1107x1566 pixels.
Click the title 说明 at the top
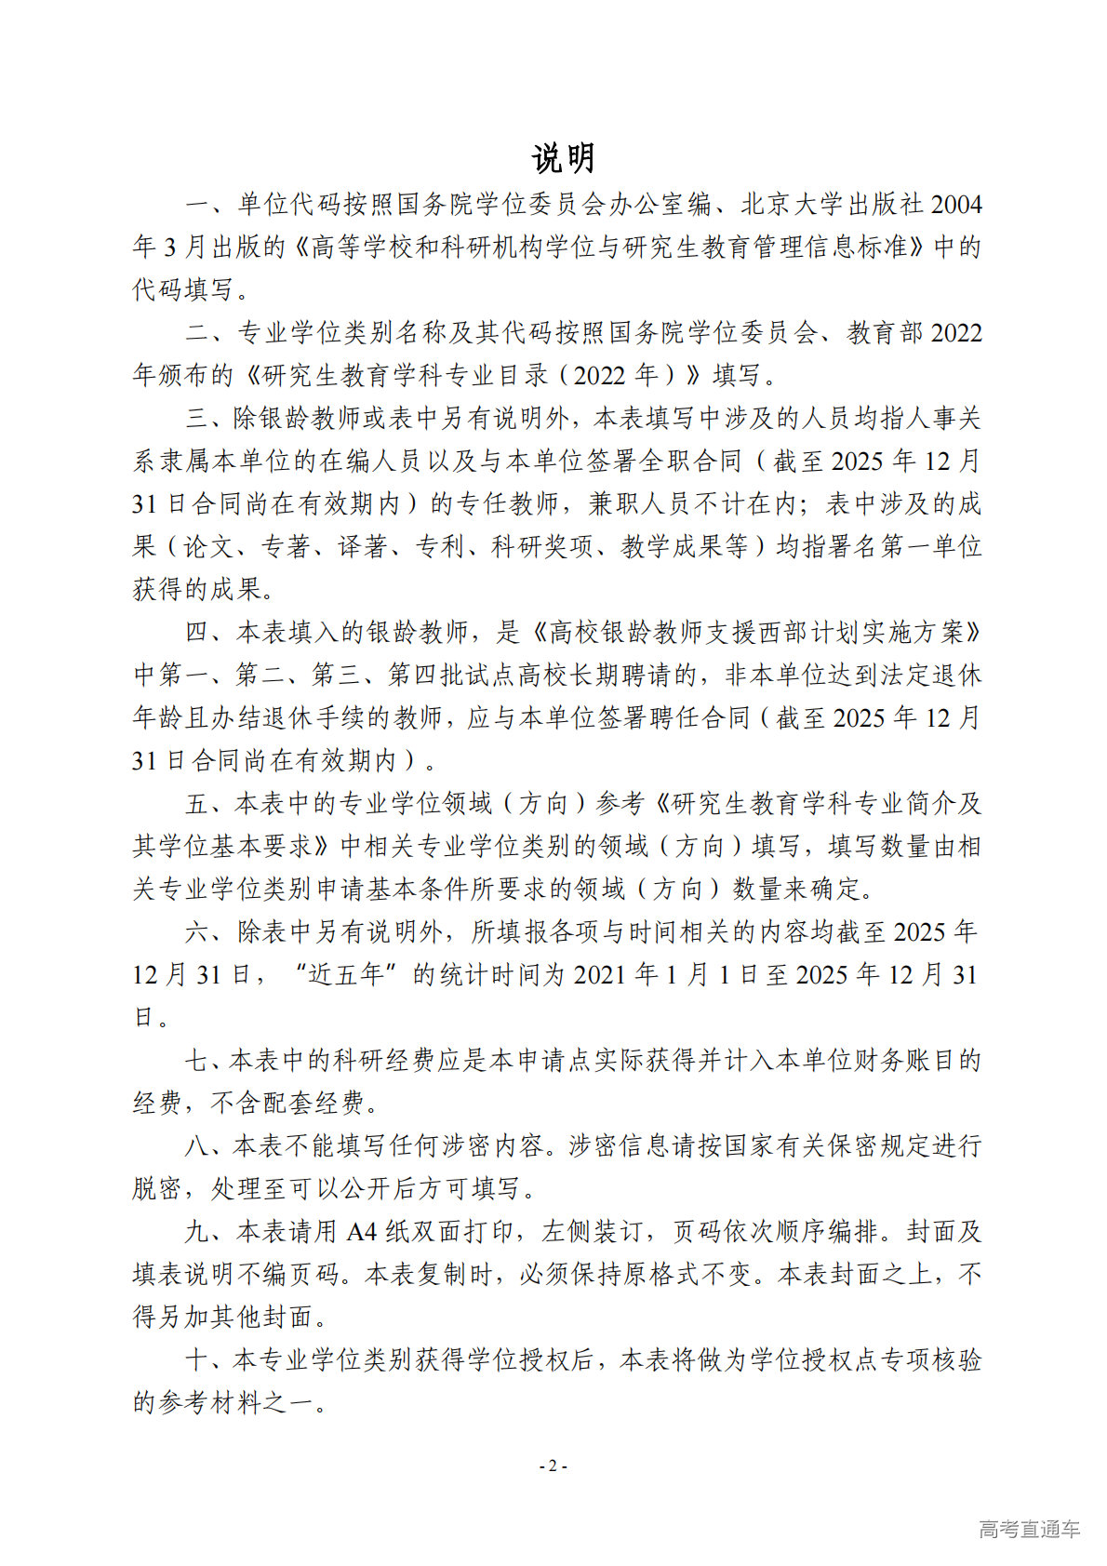(x=563, y=158)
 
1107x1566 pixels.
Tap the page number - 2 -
(x=553, y=1466)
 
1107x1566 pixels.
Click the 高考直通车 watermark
(x=1029, y=1528)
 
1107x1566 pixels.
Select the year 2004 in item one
(x=956, y=204)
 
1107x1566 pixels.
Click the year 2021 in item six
(x=600, y=974)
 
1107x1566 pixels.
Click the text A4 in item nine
(x=362, y=1231)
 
